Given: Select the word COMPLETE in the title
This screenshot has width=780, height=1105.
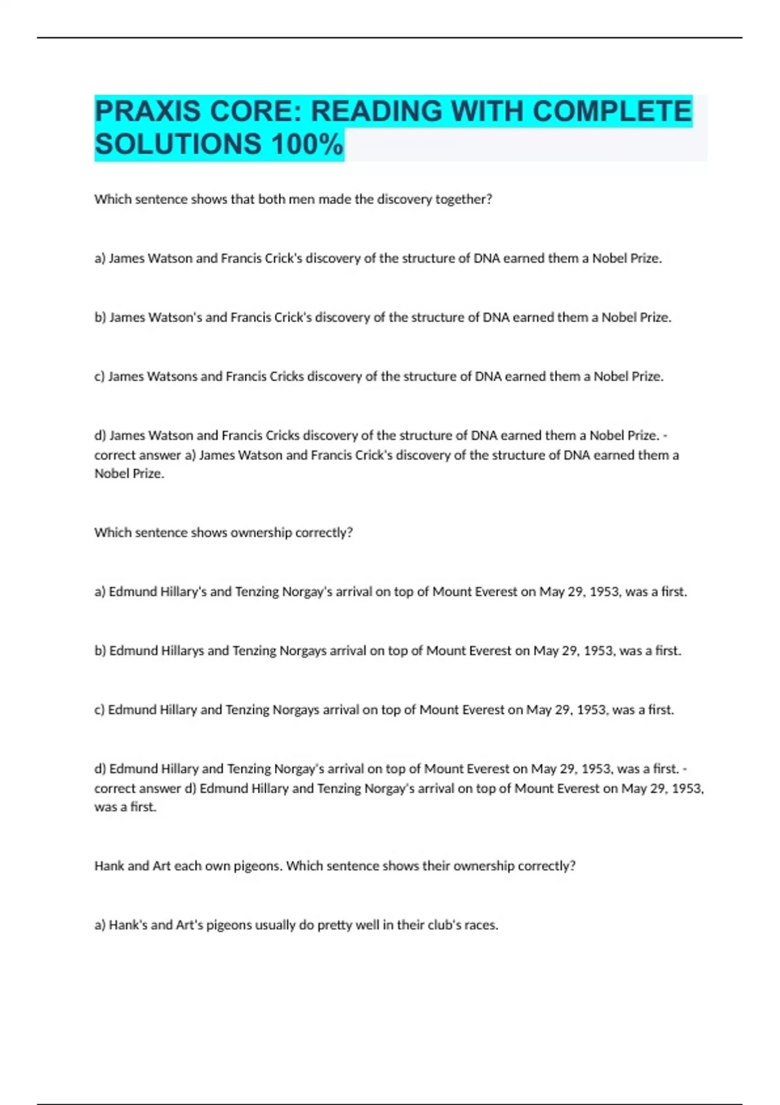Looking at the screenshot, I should tap(612, 111).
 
